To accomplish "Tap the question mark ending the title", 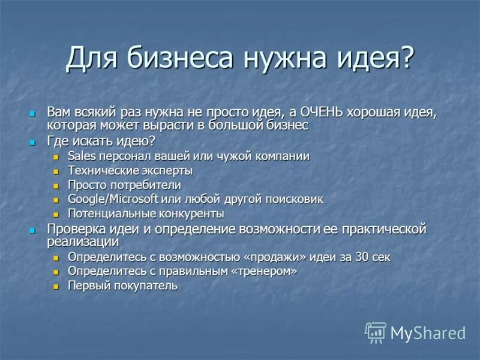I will (x=407, y=58).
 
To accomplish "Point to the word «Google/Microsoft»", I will (x=113, y=199).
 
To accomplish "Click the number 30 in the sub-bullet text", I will (x=361, y=257).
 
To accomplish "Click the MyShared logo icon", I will (x=376, y=332).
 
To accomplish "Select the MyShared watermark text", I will (x=428, y=333).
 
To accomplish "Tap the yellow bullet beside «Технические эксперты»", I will (x=56, y=172).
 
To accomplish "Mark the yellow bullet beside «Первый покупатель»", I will (x=56, y=287).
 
